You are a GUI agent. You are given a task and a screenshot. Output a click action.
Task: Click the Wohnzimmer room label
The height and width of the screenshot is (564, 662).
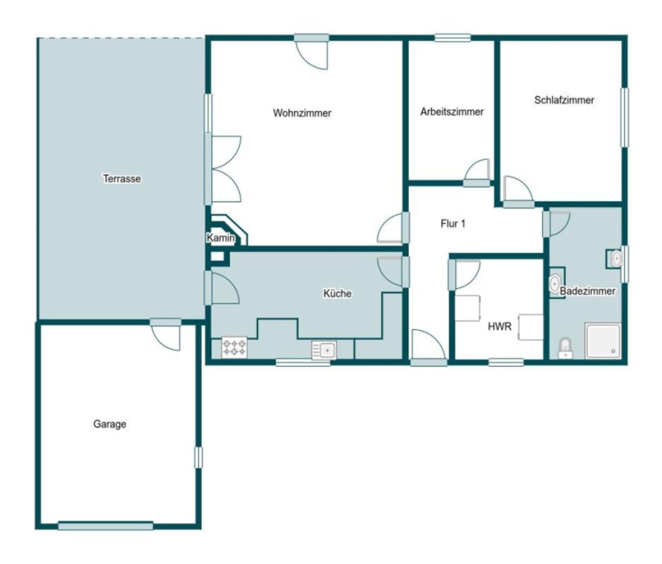302,113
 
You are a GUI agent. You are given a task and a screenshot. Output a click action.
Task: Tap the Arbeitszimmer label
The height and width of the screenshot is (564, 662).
452,112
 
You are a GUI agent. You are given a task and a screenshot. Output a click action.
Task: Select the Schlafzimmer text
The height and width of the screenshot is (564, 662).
564,100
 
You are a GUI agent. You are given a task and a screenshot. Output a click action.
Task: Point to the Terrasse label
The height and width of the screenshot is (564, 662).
122,179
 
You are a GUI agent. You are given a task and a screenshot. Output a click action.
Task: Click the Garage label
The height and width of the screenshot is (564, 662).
110,424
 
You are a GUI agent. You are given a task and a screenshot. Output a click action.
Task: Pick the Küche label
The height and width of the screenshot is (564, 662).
337,293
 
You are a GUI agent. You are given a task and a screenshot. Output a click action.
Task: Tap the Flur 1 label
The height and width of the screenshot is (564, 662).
453,224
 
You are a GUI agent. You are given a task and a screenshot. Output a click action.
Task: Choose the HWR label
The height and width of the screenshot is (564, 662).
500,326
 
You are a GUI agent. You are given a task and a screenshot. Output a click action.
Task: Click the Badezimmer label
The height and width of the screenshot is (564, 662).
587,291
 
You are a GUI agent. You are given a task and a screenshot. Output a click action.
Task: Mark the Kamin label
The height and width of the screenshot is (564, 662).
221,238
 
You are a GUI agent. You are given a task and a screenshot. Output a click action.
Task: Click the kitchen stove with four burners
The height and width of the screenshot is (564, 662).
234,348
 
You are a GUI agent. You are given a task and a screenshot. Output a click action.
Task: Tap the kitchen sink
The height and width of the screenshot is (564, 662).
324,350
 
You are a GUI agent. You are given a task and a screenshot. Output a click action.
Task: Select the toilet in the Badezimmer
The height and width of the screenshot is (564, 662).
565,348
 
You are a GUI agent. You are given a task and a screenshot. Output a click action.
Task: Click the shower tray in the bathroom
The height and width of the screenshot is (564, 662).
603,341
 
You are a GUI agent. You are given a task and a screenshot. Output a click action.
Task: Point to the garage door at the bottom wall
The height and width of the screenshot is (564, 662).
105,526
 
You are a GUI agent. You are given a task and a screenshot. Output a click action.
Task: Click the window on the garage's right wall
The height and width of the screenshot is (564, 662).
198,457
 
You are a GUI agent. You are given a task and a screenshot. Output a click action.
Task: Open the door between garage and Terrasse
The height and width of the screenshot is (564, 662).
166,333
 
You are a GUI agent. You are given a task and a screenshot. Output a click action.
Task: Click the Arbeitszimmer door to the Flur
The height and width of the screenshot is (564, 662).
477,174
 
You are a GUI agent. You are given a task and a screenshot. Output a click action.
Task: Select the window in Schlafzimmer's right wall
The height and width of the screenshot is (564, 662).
624,117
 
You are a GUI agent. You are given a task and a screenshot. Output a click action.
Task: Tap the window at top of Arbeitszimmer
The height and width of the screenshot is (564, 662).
453,38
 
